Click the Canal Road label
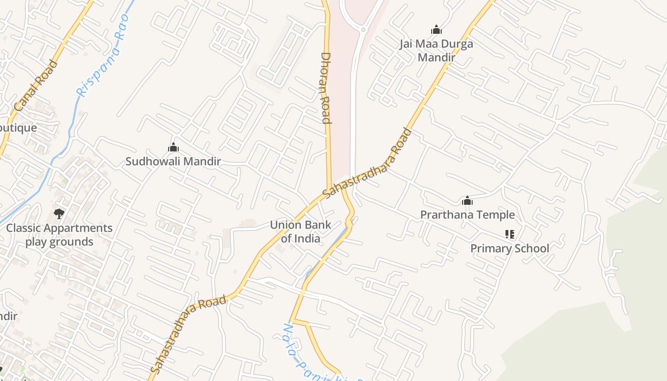[x=36, y=86]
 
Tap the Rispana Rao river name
[x=102, y=56]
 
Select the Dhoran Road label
[x=325, y=88]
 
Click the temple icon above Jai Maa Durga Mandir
[x=436, y=30]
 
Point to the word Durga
[x=450, y=44]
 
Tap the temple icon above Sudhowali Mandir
[x=173, y=147]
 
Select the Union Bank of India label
[x=300, y=231]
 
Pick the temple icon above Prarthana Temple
[x=467, y=201]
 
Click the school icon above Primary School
[x=510, y=234]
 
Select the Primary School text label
[x=509, y=249]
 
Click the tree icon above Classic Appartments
[x=59, y=214]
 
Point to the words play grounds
[x=59, y=242]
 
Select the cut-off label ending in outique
[x=18, y=128]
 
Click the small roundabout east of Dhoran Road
[x=363, y=30]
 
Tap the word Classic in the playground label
[x=24, y=228]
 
